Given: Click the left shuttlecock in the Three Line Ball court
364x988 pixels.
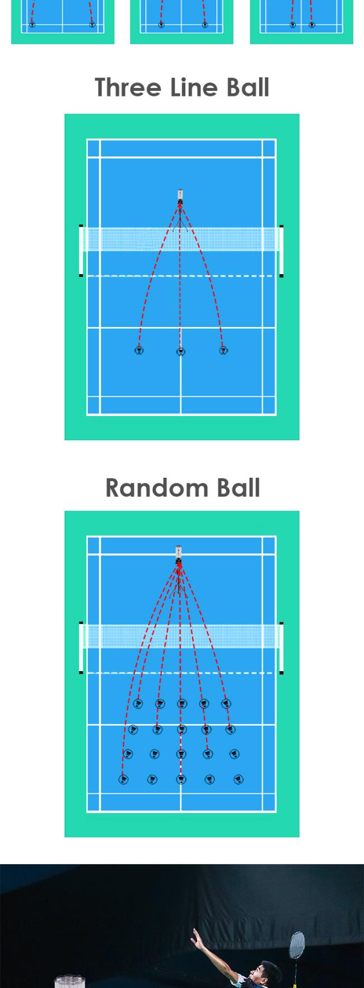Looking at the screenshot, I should tap(139, 350).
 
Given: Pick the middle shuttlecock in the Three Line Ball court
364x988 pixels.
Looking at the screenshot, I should tap(180, 352).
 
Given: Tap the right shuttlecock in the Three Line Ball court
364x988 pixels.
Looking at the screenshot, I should tap(223, 350).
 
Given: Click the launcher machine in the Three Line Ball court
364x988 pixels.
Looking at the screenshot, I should tap(180, 196).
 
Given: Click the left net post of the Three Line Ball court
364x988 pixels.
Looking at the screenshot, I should tap(81, 251).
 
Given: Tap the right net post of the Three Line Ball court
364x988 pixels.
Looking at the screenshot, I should tap(281, 251).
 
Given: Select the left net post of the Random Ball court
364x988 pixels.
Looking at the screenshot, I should tap(81, 648).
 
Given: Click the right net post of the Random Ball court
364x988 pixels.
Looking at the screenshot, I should tap(281, 648).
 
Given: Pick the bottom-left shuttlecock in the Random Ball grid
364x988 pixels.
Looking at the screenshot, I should tap(123, 779).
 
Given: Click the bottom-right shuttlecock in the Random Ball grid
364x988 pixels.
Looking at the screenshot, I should tap(239, 779).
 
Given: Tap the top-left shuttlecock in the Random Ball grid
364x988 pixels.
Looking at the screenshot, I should tap(138, 703).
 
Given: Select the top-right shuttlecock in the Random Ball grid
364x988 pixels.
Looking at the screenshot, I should tap(226, 703).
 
